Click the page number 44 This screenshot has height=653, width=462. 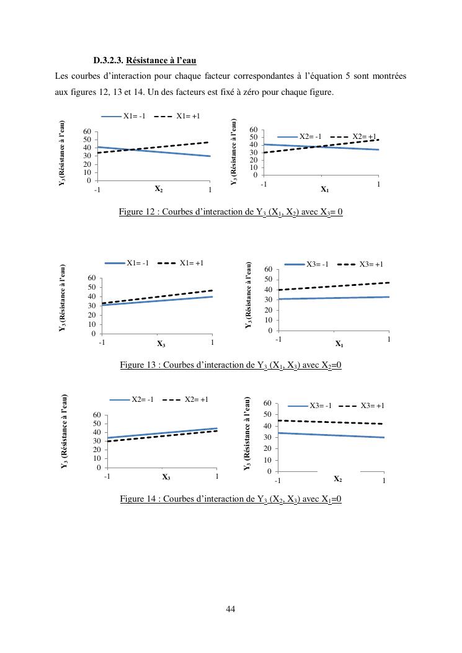(230, 609)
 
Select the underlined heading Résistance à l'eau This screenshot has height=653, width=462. (161, 61)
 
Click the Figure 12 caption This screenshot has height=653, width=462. (231, 212)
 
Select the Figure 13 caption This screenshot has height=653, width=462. (231, 365)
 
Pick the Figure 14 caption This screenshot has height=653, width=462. (231, 499)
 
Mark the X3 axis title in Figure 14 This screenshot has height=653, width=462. (166, 477)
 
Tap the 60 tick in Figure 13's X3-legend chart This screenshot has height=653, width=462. (269, 269)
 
